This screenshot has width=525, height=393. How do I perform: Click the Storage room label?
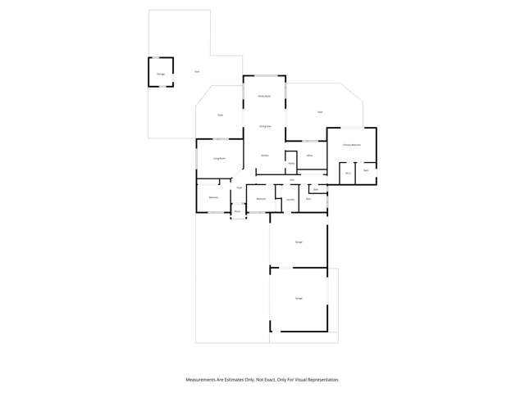tap(161, 74)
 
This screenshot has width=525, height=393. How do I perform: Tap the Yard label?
tap(197, 72)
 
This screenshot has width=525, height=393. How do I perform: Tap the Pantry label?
tap(290, 163)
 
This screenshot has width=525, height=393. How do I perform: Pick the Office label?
tap(310, 155)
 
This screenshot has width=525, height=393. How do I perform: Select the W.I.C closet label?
tap(348, 173)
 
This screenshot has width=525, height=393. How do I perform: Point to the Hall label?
tap(292, 179)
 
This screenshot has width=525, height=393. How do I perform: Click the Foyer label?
tap(240, 188)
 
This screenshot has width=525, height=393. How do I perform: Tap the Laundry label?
tap(290, 199)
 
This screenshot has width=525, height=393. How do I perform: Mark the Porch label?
tap(238, 211)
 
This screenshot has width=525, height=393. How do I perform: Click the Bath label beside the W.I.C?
tap(366, 170)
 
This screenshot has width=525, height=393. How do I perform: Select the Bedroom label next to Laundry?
tap(261, 199)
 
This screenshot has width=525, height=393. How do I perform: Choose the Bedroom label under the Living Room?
tap(213, 197)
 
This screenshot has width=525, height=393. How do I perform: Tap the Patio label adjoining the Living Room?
tap(221, 115)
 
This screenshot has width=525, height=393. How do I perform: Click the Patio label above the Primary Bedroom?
tap(320, 111)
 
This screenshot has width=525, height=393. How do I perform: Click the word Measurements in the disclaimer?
tap(200, 380)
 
